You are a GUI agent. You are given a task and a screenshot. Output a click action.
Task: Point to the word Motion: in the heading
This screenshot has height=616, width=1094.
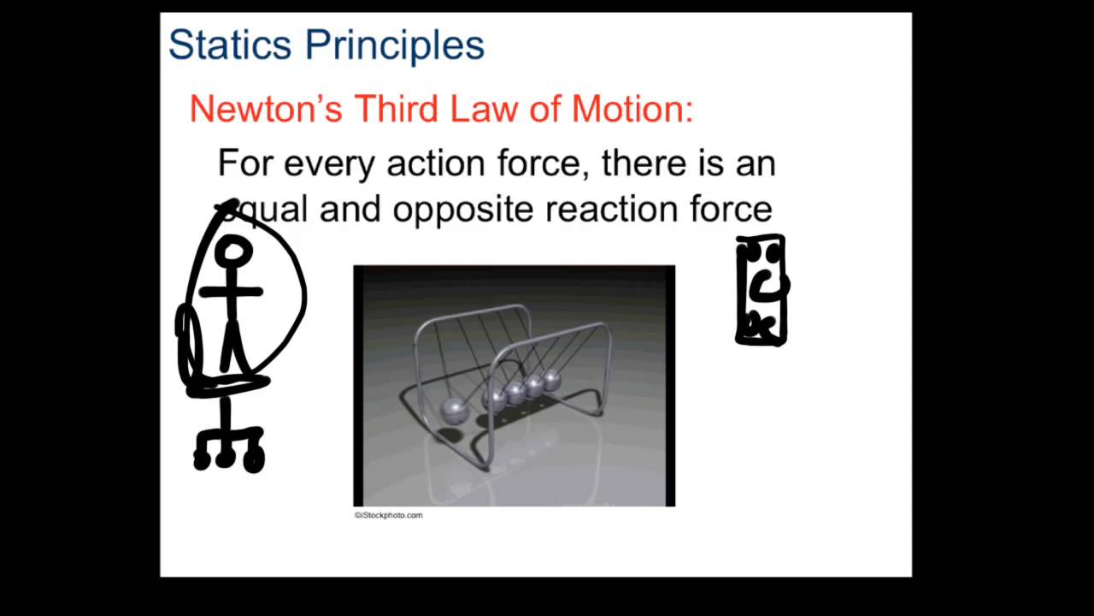pos(632,110)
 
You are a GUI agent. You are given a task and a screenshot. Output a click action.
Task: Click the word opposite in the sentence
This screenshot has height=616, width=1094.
pos(462,210)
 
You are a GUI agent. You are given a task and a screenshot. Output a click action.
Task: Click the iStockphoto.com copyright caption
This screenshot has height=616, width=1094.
pos(389,515)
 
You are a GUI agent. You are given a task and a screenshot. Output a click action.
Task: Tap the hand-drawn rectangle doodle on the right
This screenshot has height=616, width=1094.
pos(761,291)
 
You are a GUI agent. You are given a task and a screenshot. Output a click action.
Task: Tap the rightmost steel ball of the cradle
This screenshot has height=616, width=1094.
pos(553,380)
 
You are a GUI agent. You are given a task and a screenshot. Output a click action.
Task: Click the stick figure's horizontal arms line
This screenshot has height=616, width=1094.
pos(231,292)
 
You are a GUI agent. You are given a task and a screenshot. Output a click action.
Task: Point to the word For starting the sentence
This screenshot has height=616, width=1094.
pos(244,163)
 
